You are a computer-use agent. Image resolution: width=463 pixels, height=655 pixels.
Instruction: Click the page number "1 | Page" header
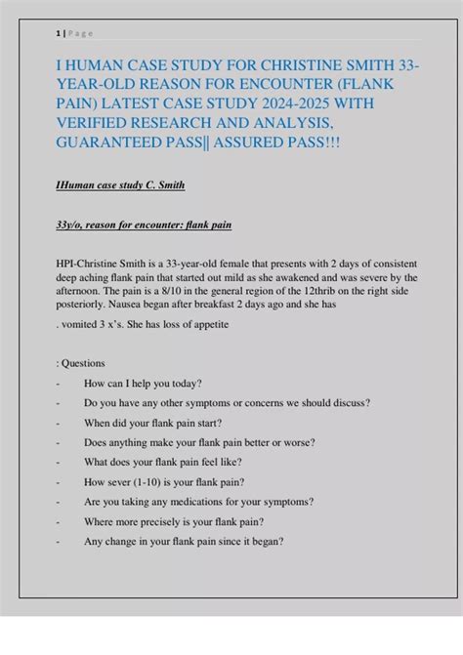[x=75, y=33]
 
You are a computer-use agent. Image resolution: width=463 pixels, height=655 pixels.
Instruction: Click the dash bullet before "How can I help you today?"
[x=60, y=384]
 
